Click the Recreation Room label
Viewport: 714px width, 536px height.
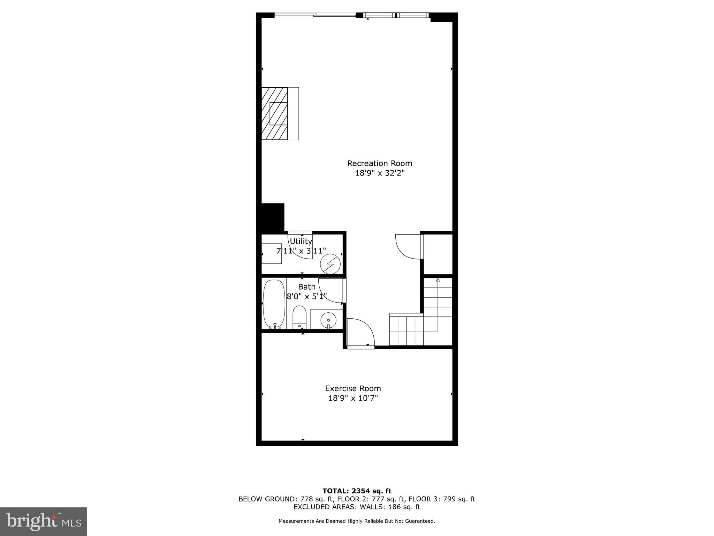point(379,163)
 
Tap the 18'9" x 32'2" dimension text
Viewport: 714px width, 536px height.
point(379,173)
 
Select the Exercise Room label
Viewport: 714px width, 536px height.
point(353,388)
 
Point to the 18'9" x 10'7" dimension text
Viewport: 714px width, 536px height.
point(353,398)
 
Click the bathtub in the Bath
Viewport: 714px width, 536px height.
point(274,304)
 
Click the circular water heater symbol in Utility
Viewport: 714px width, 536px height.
point(330,264)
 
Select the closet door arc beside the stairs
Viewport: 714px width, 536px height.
point(407,246)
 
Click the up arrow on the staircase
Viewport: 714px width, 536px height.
point(438,280)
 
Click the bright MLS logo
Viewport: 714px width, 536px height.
point(44,521)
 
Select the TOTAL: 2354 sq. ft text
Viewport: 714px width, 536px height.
point(357,491)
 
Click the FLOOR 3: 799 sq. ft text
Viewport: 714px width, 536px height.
point(442,499)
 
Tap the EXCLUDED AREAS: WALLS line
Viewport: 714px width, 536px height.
point(357,507)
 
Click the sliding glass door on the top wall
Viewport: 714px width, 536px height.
point(315,15)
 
